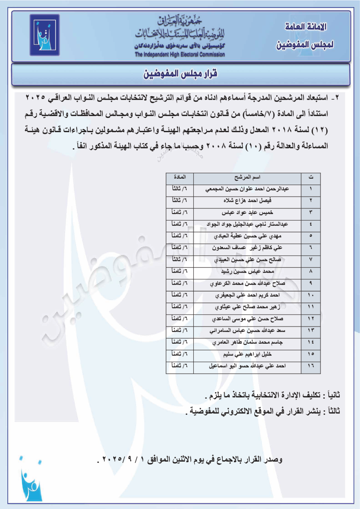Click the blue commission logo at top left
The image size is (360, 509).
(44, 35)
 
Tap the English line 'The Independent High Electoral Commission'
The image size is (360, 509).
(180, 55)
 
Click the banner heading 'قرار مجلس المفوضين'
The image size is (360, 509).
(180, 74)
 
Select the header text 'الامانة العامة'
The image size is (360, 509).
(306, 27)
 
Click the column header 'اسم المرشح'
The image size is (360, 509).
(247, 178)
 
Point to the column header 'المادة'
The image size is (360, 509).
(180, 177)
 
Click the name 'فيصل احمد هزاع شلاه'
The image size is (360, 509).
(247, 200)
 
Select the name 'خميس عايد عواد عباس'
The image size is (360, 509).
(247, 212)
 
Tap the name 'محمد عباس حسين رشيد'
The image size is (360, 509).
(247, 271)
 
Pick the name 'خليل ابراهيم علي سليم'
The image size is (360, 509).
(247, 354)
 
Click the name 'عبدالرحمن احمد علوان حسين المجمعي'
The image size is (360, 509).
(247, 189)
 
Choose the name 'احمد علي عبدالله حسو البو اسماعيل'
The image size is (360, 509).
(247, 366)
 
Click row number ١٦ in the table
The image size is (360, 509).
(311, 366)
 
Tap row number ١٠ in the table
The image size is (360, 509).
(311, 295)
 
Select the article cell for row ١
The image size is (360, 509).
(179, 189)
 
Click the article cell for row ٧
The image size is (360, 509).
(179, 259)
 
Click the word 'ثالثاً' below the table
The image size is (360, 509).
(333, 411)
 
